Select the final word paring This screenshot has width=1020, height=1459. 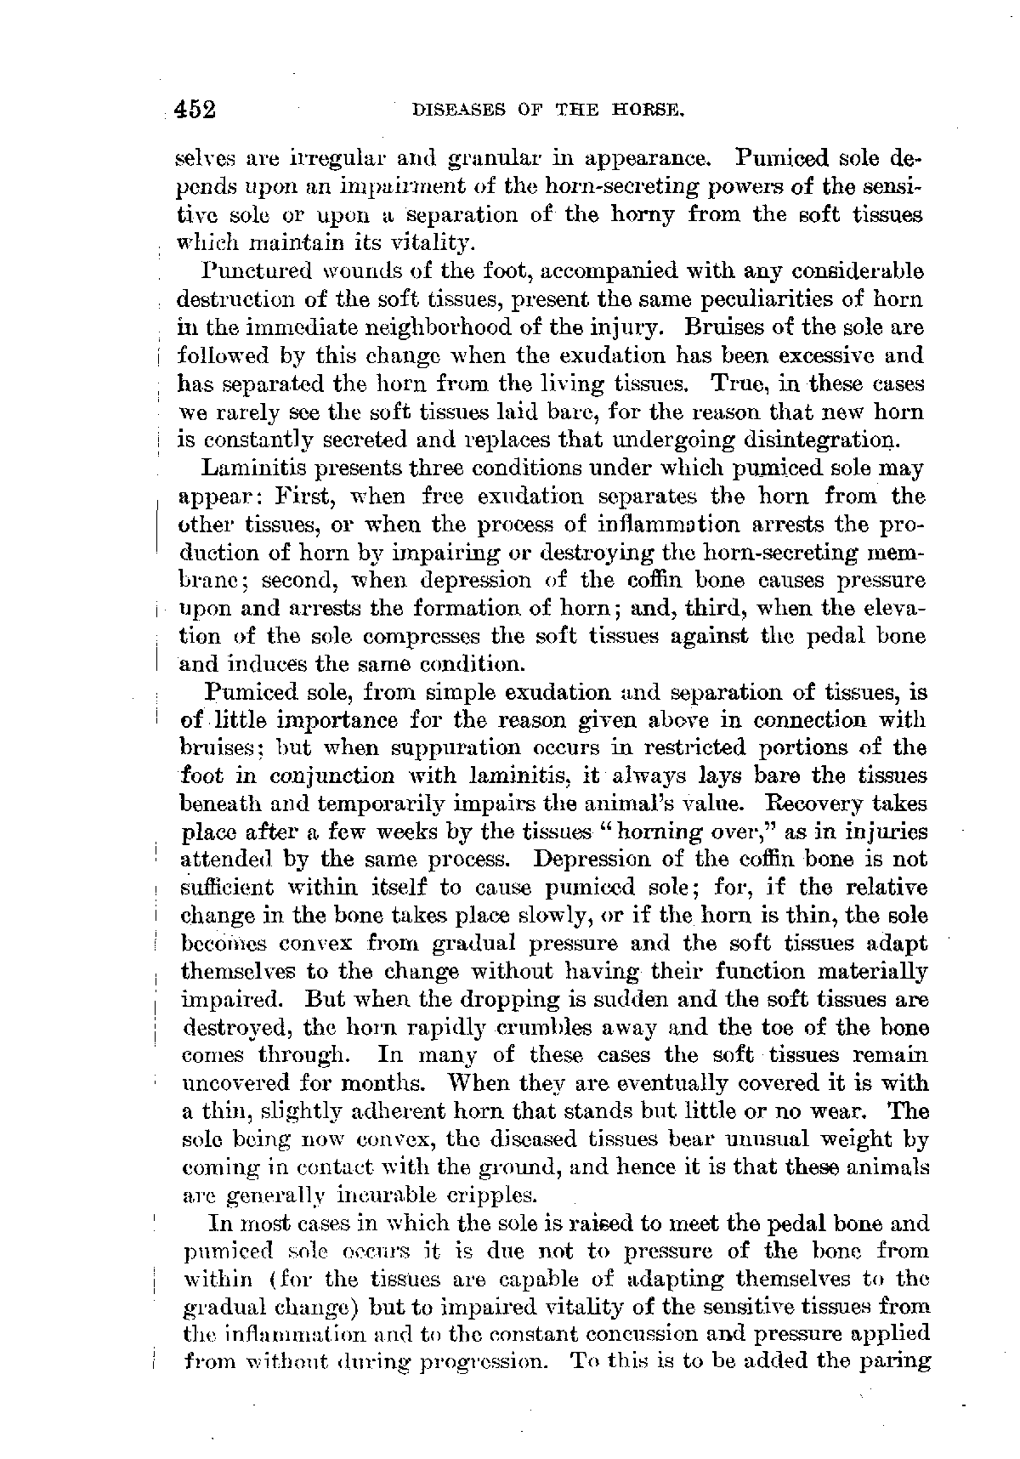pos(898,1360)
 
